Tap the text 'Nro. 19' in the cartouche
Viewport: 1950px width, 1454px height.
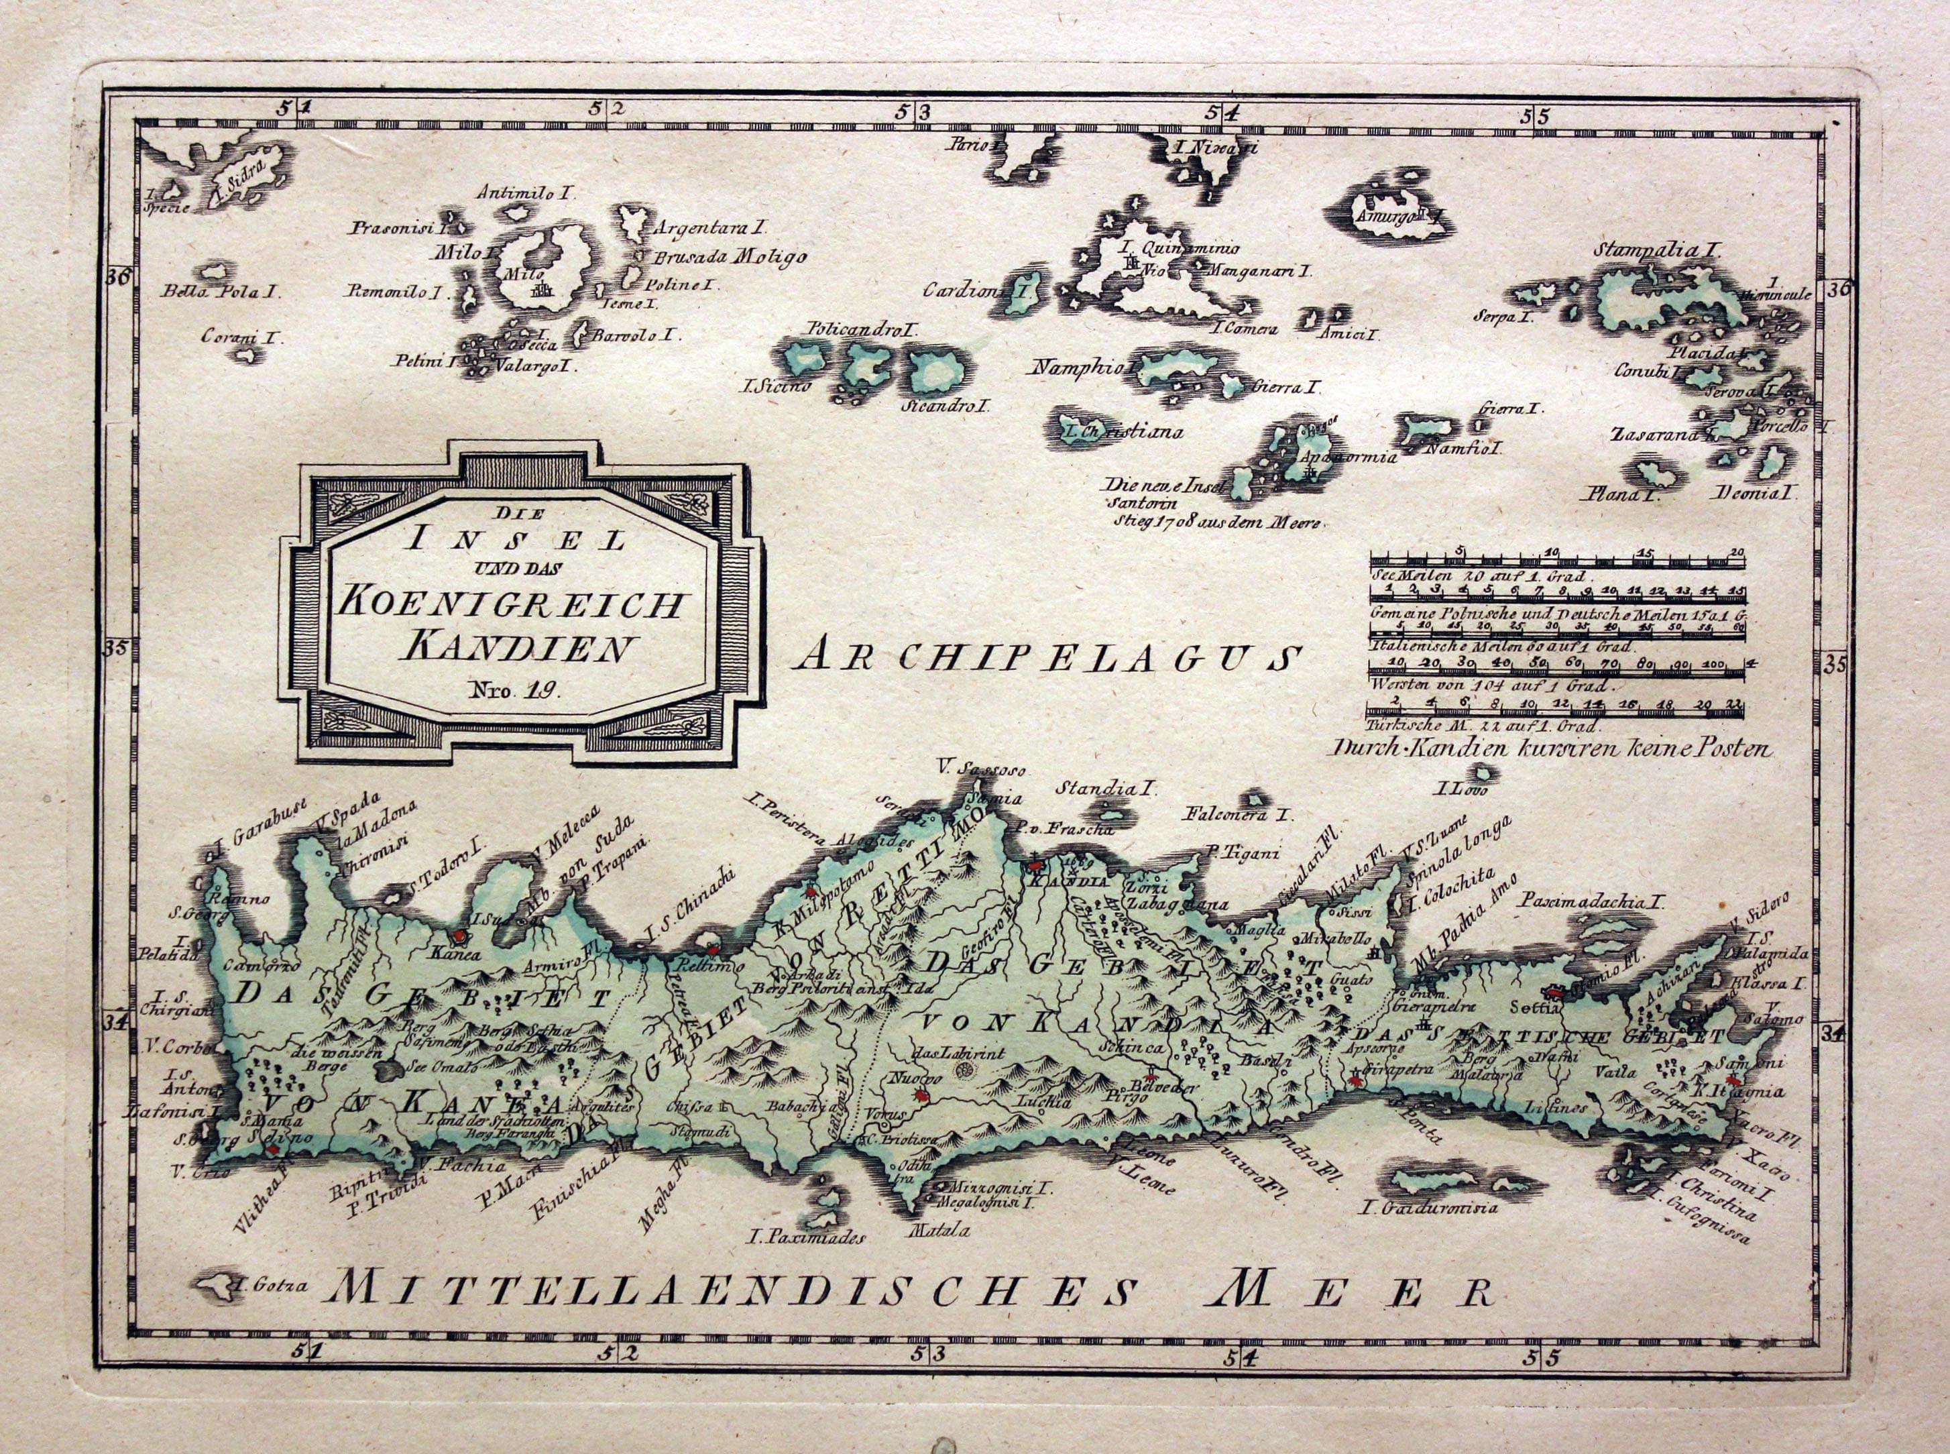pos(521,691)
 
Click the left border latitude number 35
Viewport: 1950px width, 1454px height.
pos(116,651)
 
